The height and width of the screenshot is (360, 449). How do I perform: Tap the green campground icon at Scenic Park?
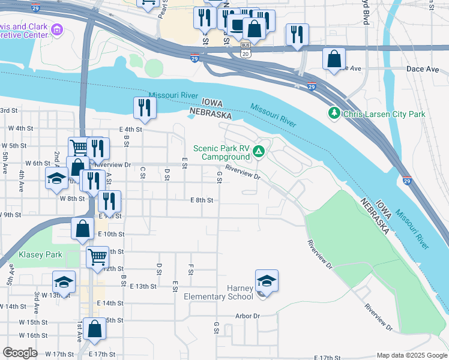259,152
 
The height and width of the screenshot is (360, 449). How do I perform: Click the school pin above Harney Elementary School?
267,280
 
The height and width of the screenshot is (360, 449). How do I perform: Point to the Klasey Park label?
40,254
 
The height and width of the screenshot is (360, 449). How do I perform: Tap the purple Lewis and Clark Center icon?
58,29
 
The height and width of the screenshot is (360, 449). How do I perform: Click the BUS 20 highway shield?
245,50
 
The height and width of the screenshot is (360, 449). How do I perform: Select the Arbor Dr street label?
247,316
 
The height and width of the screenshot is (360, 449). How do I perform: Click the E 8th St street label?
202,200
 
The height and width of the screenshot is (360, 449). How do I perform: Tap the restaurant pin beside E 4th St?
145,107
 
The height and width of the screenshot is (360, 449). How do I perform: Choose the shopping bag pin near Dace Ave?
334,59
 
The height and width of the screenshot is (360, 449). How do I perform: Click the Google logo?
20,352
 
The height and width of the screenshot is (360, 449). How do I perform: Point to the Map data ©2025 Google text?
411,355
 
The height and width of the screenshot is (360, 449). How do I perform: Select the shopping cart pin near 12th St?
97,257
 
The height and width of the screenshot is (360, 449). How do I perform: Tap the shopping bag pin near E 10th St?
83,228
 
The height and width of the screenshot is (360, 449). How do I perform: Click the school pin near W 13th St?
64,282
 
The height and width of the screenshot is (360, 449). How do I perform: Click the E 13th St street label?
143,286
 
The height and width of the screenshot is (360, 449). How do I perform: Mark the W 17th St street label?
59,355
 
